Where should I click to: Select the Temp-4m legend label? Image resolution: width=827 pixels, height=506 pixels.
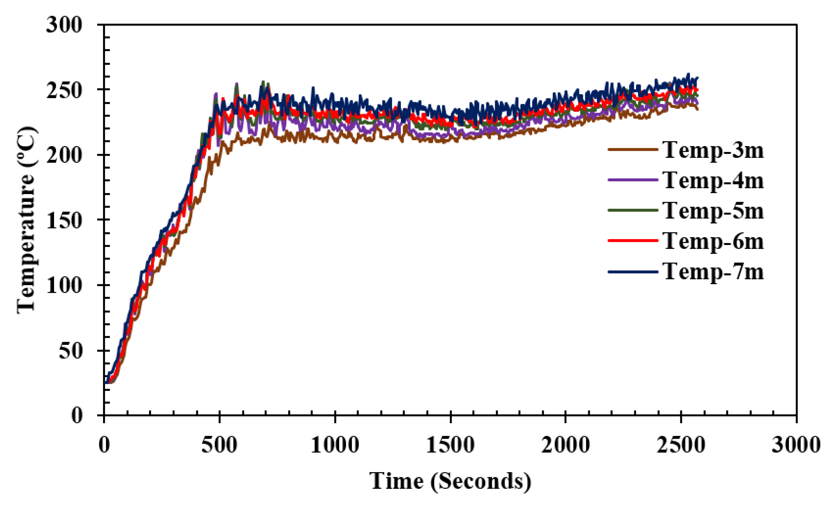point(713,181)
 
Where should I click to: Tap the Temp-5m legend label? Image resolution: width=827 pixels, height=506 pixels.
point(713,211)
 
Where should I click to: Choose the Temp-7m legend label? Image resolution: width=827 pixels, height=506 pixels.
point(713,271)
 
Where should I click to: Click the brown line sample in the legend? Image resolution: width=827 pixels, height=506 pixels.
point(633,149)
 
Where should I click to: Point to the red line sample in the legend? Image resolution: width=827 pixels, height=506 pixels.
point(633,240)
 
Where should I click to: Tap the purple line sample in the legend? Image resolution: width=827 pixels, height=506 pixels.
point(633,180)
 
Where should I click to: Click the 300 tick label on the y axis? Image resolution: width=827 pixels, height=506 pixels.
point(64,25)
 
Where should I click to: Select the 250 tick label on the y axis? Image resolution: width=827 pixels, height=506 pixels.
point(64,90)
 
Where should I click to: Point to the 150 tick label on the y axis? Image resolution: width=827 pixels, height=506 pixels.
point(64,221)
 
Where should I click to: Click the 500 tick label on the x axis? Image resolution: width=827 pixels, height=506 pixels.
point(219,445)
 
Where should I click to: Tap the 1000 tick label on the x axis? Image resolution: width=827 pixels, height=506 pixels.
point(335,445)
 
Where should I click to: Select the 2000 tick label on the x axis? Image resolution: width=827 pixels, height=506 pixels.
point(566,445)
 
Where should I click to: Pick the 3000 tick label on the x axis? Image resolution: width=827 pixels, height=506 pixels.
point(796,445)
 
